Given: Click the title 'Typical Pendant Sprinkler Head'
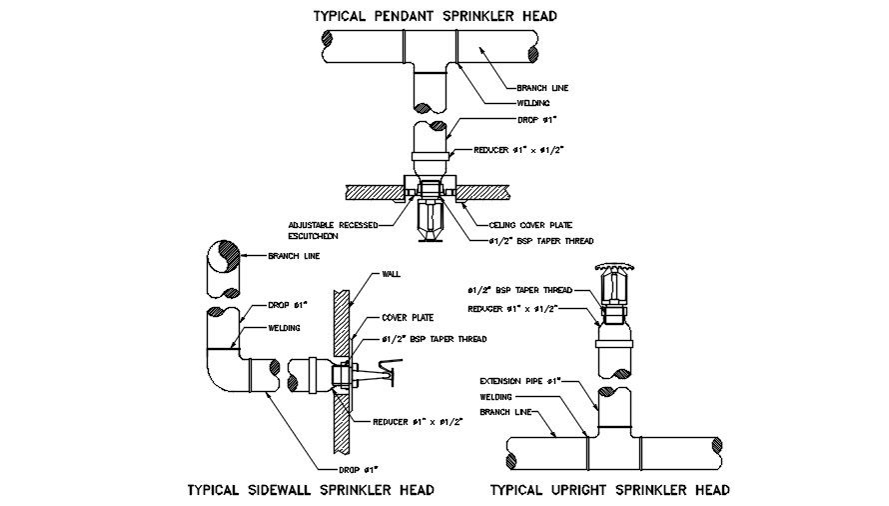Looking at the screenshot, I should coord(434,16).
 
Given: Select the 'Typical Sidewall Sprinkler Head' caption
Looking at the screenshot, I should coord(310,490).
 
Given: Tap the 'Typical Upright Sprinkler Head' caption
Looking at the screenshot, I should coord(609,490).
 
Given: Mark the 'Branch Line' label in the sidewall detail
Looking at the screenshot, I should coord(294,256).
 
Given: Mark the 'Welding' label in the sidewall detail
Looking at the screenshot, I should coord(286,328).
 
